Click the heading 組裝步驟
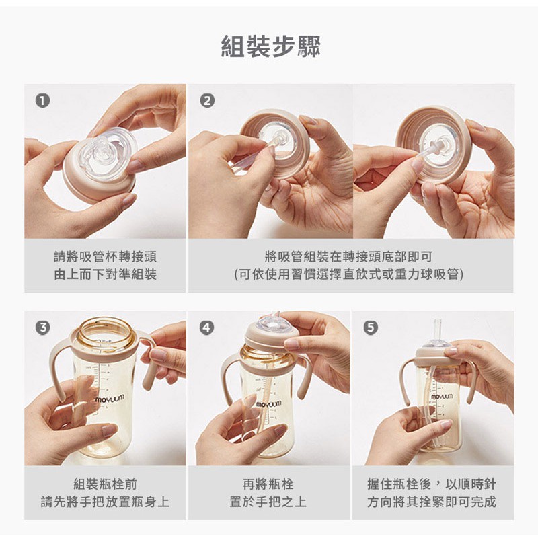pyautogui.click(x=270, y=46)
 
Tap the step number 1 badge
pyautogui.click(x=42, y=102)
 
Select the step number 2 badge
pyautogui.click(x=207, y=102)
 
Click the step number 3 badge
pyautogui.click(x=42, y=328)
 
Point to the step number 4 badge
pyautogui.click(x=206, y=328)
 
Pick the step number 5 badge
pyautogui.click(x=371, y=328)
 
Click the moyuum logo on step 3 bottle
pyautogui.click(x=110, y=399)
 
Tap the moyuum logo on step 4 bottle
pyautogui.click(x=270, y=404)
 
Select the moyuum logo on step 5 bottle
pyautogui.click(x=442, y=397)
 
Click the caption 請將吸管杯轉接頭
pyautogui.click(x=105, y=257)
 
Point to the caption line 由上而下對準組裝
pyautogui.click(x=105, y=274)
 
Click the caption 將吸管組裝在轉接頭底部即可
pyautogui.click(x=348, y=257)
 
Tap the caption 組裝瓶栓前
pyautogui.click(x=105, y=484)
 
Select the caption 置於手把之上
pyautogui.click(x=268, y=502)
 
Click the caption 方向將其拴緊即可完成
pyautogui.click(x=432, y=502)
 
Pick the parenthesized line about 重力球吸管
pyautogui.click(x=348, y=274)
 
